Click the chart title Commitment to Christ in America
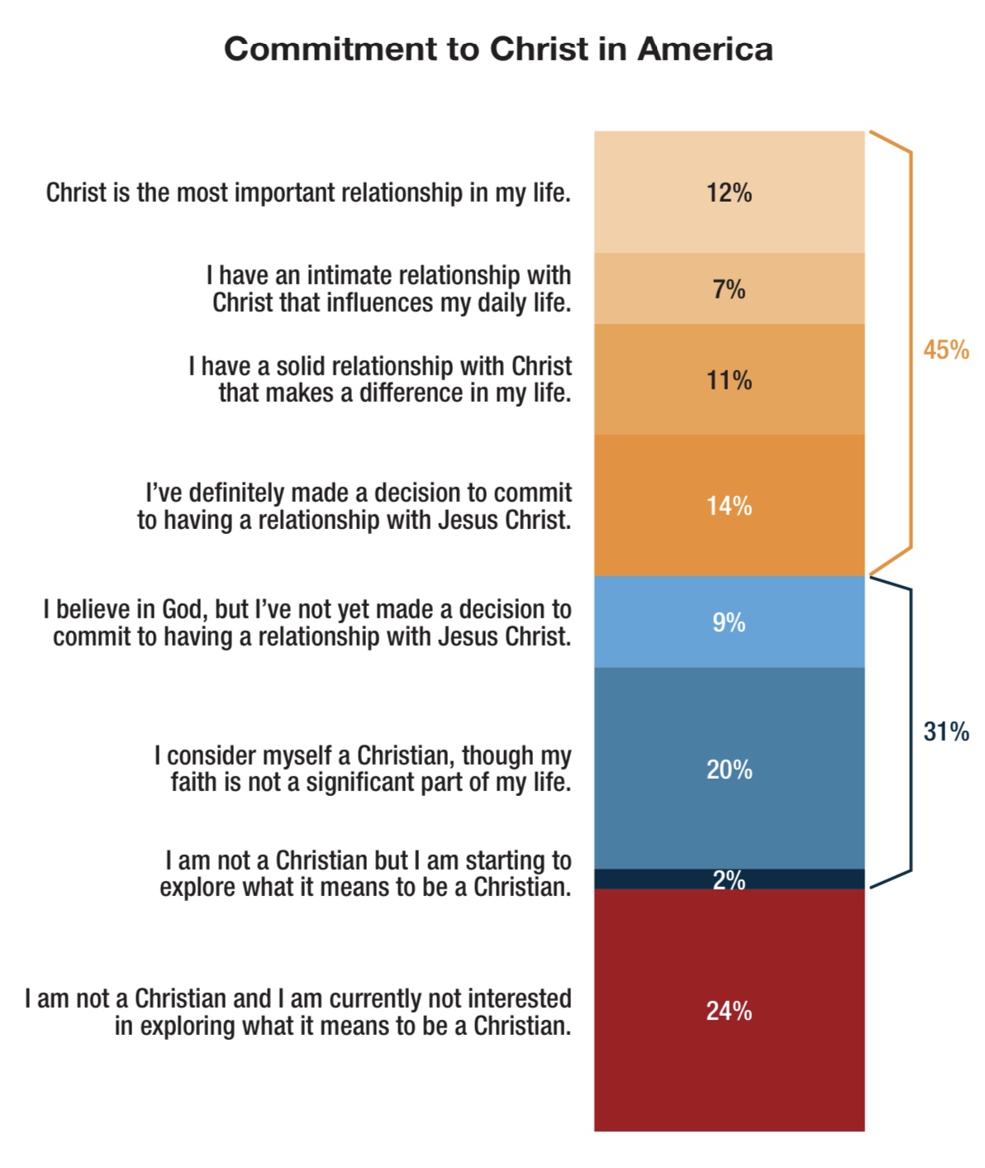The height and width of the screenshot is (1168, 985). click(498, 50)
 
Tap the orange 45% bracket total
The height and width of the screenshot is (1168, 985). click(946, 350)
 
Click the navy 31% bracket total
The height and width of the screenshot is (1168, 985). click(946, 732)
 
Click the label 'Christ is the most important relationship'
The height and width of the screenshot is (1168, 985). click(308, 193)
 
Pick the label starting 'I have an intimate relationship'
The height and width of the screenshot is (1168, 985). click(389, 288)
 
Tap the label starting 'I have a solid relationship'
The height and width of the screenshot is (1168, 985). click(380, 379)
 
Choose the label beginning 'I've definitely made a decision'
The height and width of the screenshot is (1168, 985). click(355, 506)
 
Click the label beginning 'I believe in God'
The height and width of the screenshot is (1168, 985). click(307, 622)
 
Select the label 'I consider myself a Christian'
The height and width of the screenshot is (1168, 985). click(363, 769)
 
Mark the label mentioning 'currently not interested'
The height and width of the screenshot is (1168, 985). click(298, 1012)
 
